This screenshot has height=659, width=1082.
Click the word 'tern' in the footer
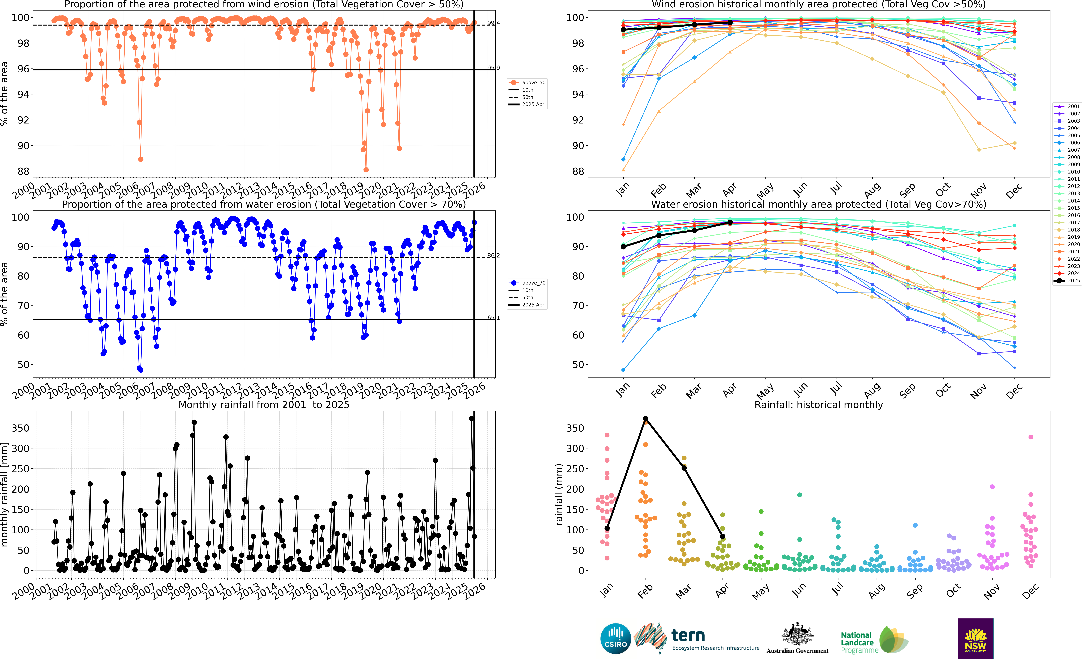coord(688,635)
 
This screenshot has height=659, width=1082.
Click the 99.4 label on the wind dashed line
coord(493,23)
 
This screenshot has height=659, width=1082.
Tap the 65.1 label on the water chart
coord(493,318)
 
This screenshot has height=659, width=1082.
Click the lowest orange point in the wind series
coord(366,170)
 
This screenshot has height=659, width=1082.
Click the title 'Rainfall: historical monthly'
coord(819,405)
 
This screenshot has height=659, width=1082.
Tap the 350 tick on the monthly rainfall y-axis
coord(21,428)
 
